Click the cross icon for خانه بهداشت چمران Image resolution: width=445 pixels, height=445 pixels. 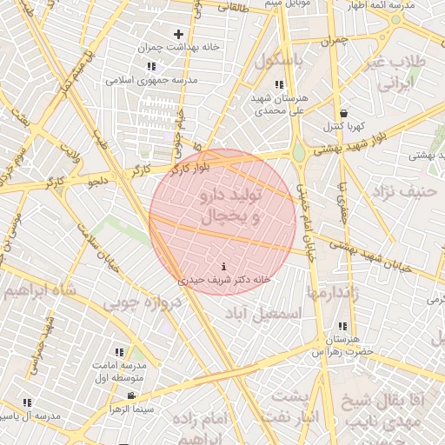(x=178, y=35)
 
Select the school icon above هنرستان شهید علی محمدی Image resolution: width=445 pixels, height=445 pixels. (x=278, y=84)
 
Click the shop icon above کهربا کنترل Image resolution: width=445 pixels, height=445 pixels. (x=345, y=113)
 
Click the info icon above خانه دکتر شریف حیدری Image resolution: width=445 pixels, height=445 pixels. (x=225, y=267)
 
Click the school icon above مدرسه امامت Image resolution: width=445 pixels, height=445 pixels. (x=120, y=353)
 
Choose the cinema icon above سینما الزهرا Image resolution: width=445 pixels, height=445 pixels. (x=130, y=395)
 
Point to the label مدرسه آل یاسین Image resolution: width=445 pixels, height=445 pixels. (x=28, y=416)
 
